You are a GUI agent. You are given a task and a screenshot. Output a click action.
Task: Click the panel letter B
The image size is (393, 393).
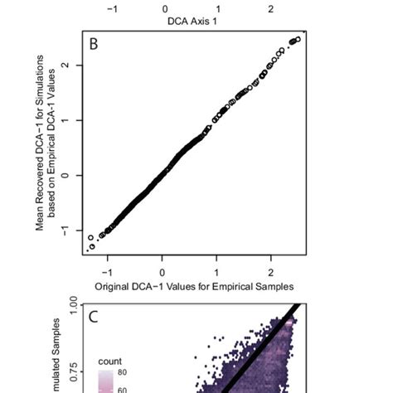click(94, 44)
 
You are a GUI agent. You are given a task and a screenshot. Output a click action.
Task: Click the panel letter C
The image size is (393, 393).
click(94, 317)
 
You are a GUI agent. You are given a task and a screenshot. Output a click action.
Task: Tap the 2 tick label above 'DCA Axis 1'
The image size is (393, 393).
click(270, 8)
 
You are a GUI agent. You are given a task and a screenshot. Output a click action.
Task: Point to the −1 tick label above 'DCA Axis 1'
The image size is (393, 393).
click(115, 8)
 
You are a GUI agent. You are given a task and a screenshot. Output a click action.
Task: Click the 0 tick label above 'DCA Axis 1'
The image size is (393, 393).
click(165, 8)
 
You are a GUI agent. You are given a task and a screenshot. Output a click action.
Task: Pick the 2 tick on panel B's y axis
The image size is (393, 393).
click(75, 65)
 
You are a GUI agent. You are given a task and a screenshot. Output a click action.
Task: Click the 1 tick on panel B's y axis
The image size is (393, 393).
click(75, 120)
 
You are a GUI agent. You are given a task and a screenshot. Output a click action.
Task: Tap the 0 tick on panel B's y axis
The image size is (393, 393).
click(75, 175)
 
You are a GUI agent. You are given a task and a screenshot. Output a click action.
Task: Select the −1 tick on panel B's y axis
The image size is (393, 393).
click(75, 230)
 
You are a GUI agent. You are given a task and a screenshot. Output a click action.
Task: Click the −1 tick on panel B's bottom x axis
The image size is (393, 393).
click(107, 271)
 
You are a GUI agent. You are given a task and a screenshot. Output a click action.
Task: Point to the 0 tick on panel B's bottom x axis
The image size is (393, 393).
click(163, 271)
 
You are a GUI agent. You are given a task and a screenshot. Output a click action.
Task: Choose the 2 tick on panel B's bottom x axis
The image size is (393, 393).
click(271, 271)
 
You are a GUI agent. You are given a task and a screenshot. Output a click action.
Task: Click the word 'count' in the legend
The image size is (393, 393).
click(110, 361)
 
